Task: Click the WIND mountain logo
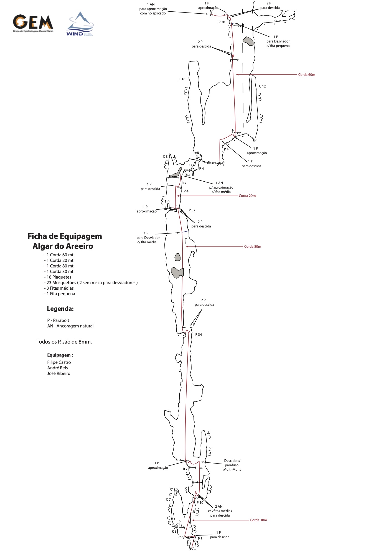80,24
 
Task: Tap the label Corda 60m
306,75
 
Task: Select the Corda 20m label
247,196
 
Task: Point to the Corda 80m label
252,247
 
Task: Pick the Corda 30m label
258,520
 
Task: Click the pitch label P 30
222,22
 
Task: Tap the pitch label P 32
192,210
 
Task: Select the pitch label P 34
199,335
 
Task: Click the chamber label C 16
182,79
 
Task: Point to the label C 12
262,86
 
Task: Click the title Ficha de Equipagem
65,236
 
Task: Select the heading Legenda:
60,309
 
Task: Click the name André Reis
57,368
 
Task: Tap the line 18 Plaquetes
59,277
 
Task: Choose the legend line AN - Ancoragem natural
70,326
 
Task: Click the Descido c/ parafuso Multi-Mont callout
232,465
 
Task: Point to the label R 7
185,469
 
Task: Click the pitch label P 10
200,503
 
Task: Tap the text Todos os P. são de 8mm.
64,342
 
